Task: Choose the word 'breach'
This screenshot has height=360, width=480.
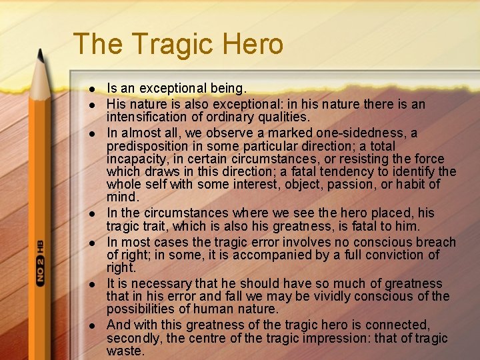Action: (435, 242)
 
